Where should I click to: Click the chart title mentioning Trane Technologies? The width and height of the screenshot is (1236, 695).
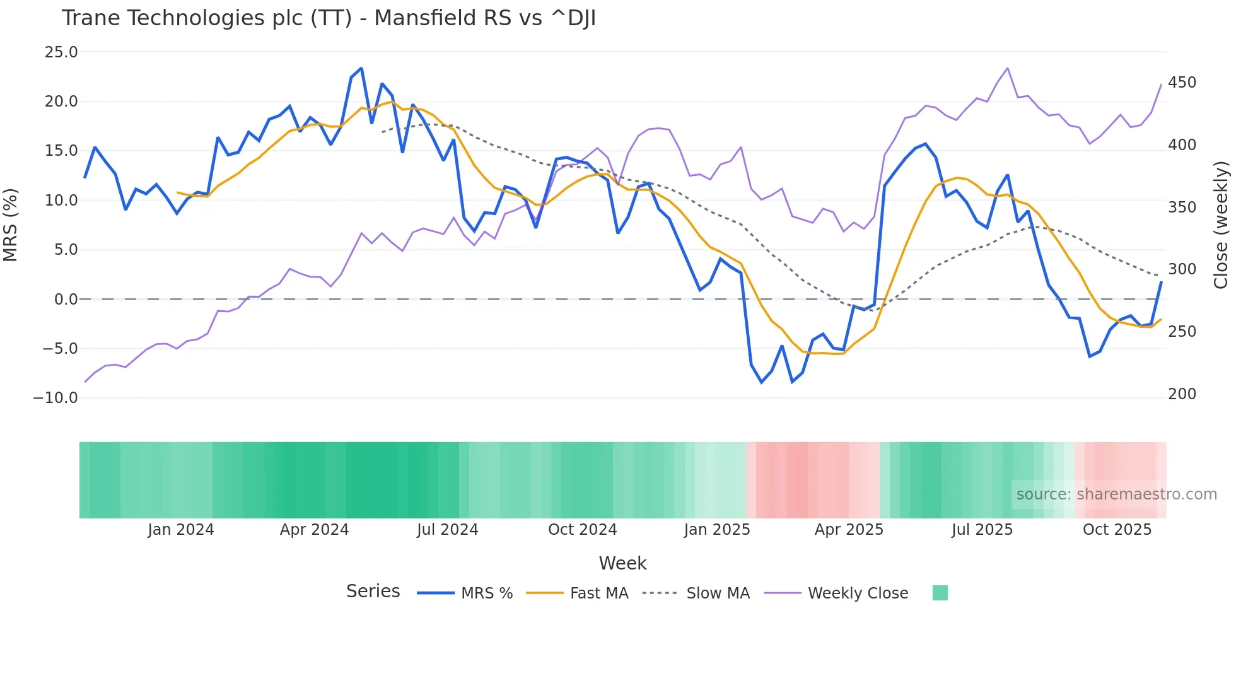tap(329, 18)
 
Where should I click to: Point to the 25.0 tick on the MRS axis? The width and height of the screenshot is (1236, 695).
tap(61, 52)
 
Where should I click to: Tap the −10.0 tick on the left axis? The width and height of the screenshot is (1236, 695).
tap(55, 398)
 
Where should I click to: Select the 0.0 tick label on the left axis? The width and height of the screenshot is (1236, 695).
tap(66, 300)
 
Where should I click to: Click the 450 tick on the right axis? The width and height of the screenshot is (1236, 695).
tap(1182, 83)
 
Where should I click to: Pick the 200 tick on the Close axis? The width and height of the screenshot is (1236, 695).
tap(1182, 394)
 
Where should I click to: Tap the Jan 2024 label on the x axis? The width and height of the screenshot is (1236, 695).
tap(181, 530)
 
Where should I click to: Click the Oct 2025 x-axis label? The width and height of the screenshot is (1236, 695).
tap(1117, 530)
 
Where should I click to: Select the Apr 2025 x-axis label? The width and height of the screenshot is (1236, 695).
tap(849, 530)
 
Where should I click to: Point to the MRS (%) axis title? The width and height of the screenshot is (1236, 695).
tap(11, 225)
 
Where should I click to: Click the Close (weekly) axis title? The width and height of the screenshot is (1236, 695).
tap(1221, 225)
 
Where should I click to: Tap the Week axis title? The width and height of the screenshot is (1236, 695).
tap(622, 563)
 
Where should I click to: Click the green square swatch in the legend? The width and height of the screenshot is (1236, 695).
tap(940, 593)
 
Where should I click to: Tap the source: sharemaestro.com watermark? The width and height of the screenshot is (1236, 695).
tap(1116, 494)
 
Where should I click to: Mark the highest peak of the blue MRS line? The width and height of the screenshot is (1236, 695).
tap(361, 68)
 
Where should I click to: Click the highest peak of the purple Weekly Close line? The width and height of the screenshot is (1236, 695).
tap(1007, 68)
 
